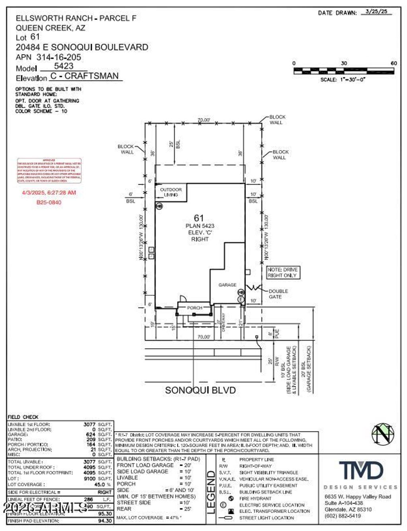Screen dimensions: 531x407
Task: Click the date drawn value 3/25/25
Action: point(376,12)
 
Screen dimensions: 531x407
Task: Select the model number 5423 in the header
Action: point(64,66)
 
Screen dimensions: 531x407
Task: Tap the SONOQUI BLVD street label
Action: point(200,390)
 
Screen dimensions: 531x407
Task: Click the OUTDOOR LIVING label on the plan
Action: point(171,192)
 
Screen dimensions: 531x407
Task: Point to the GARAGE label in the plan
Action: point(227,285)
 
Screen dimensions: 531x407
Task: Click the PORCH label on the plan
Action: point(195,308)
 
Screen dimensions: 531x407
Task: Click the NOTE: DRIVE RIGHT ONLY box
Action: point(283,273)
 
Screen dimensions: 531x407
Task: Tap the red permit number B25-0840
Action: point(49,202)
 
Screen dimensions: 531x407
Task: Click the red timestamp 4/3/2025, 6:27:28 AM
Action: point(49,193)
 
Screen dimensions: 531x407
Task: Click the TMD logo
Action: point(361,471)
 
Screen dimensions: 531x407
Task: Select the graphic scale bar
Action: point(344,71)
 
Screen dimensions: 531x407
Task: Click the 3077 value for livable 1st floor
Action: point(89,424)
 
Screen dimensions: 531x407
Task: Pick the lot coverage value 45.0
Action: point(99,484)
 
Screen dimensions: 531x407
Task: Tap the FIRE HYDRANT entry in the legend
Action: point(255,498)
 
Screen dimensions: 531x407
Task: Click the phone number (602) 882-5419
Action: point(343,516)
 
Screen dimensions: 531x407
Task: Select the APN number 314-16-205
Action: point(59,57)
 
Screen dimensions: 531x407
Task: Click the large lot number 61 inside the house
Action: point(199,218)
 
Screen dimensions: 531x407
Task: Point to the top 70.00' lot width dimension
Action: point(204,120)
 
